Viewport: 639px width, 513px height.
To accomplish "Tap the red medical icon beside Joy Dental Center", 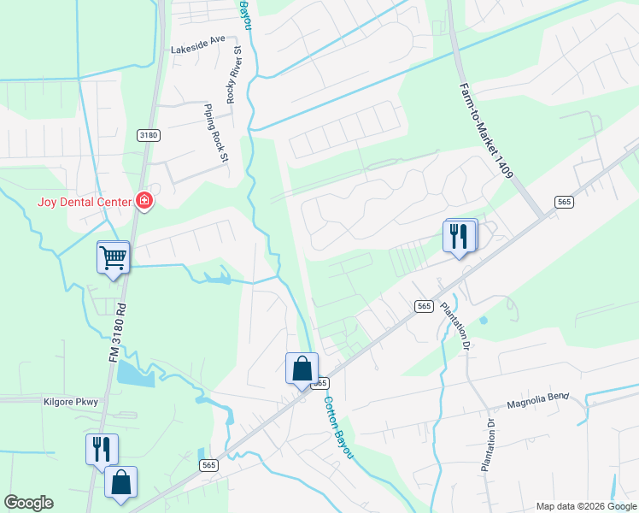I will pyautogui.click(x=144, y=202).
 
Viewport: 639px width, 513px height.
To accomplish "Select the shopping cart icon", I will pyautogui.click(x=114, y=256).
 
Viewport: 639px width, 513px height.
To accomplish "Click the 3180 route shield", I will pyautogui.click(x=149, y=135).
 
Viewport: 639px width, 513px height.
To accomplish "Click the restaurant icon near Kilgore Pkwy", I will pyautogui.click(x=102, y=449).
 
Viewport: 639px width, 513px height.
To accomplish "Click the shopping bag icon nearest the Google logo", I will pyautogui.click(x=120, y=482).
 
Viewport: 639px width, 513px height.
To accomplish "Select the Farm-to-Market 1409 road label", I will pyautogui.click(x=484, y=129).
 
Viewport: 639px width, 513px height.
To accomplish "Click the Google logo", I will pyautogui.click(x=28, y=503).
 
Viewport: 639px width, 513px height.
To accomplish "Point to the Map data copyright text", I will pyautogui.click(x=586, y=506).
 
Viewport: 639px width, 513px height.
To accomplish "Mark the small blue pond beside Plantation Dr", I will pyautogui.click(x=484, y=321).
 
